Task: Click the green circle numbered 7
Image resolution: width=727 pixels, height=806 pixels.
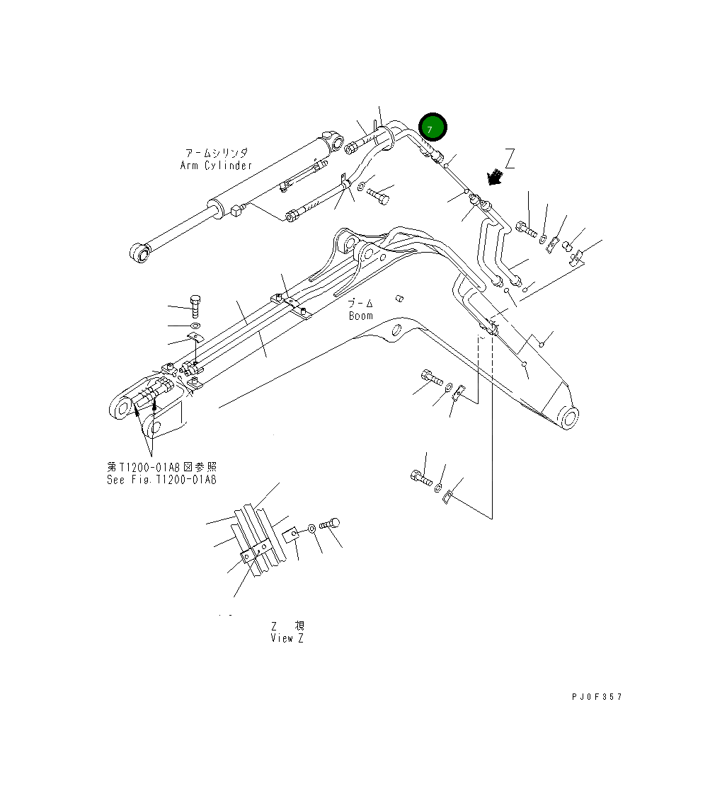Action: (x=433, y=127)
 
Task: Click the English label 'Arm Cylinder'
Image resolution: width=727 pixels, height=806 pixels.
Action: (x=216, y=166)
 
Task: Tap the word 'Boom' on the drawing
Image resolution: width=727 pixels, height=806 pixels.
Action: (x=360, y=316)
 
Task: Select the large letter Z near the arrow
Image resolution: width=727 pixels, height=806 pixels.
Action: (x=510, y=159)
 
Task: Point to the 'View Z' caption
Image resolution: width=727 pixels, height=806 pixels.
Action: (x=288, y=638)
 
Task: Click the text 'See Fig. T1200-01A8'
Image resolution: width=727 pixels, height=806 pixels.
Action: (x=162, y=479)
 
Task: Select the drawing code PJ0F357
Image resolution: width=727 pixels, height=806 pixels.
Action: (x=597, y=697)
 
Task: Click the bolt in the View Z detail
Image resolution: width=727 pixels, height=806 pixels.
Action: (x=331, y=524)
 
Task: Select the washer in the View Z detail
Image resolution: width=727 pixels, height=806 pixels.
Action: (x=311, y=529)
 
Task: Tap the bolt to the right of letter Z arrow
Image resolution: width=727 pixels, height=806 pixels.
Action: (x=526, y=229)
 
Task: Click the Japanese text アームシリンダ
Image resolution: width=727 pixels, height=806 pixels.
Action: (x=216, y=153)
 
